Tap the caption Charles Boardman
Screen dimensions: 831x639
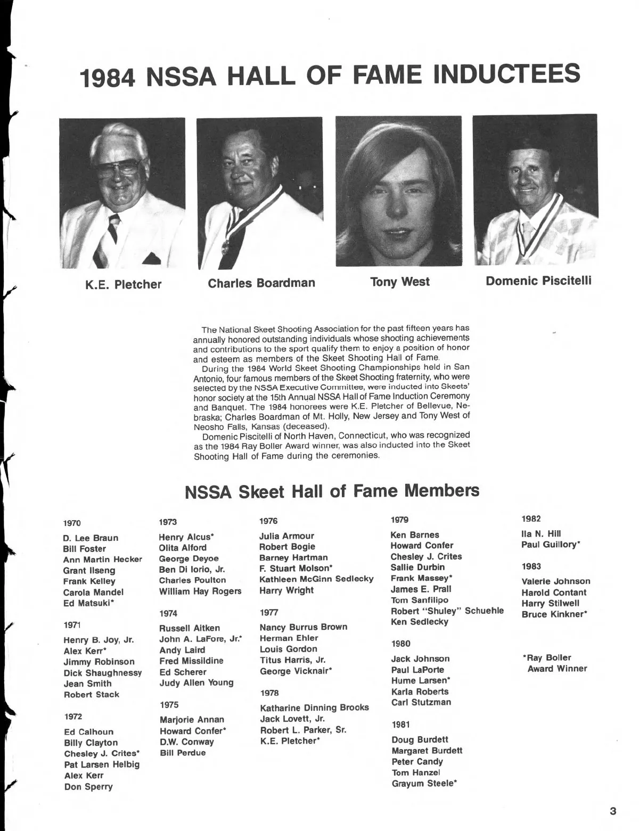(x=261, y=283)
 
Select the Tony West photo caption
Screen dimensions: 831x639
(x=399, y=282)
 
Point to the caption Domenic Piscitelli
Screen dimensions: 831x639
(x=538, y=281)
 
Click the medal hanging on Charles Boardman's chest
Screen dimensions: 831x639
(x=226, y=246)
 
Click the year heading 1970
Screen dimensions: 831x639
(x=72, y=523)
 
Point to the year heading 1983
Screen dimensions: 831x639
(x=531, y=566)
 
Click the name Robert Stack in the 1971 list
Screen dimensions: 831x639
(x=92, y=695)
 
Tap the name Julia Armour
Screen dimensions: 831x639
(x=286, y=536)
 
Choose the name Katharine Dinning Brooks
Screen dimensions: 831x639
(x=314, y=708)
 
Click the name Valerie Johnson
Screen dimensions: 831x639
(x=555, y=581)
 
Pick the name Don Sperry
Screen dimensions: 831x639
(x=88, y=787)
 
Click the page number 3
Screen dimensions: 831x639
(x=613, y=811)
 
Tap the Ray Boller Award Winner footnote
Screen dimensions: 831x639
(x=555, y=663)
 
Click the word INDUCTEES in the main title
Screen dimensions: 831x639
(x=507, y=74)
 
